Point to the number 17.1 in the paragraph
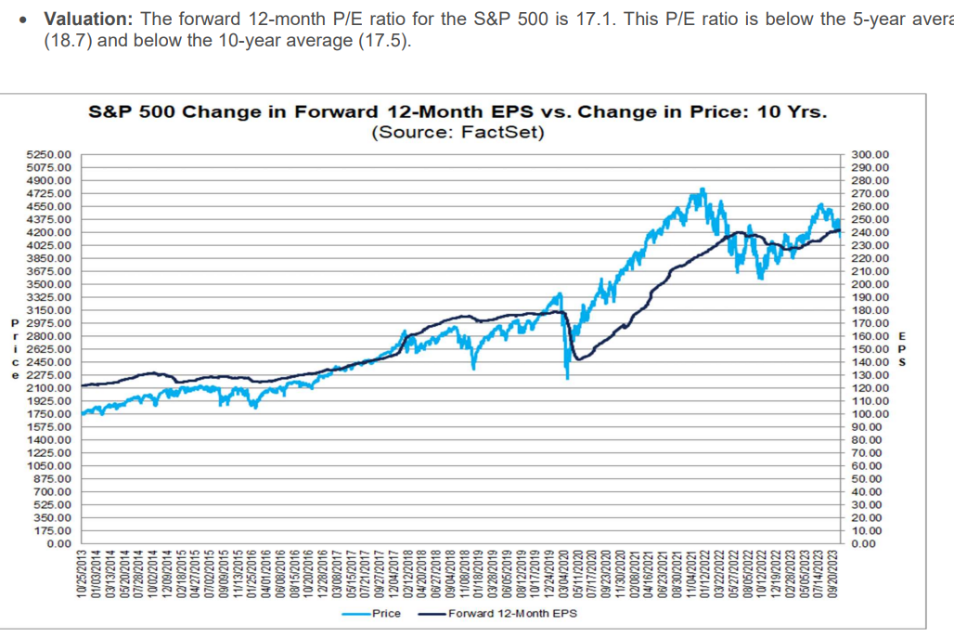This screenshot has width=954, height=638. click(x=588, y=20)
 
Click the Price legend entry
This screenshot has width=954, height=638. click(x=386, y=614)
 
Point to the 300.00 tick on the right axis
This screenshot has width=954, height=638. click(x=870, y=154)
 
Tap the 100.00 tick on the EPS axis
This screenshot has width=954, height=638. click(x=870, y=413)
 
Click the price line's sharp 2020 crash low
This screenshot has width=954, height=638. click(x=566, y=377)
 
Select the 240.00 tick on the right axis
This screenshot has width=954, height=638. click(x=870, y=232)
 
